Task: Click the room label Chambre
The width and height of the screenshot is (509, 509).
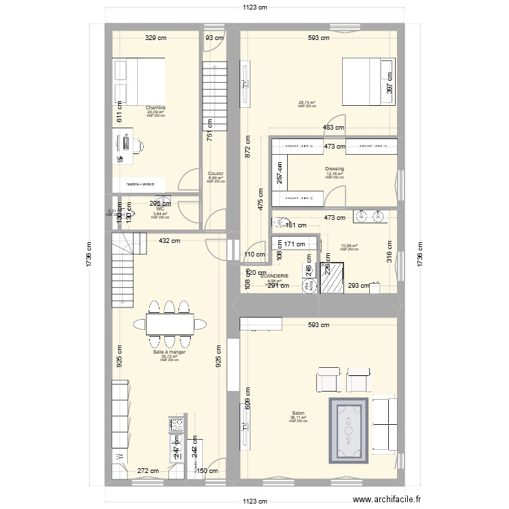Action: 155,107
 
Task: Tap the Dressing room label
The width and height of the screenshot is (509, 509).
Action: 335,169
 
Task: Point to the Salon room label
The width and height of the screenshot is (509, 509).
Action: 298,413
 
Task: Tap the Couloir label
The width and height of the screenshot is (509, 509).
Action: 216,174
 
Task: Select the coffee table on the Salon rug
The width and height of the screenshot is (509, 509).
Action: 350,428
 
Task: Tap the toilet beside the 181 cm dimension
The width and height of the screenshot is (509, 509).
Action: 279,222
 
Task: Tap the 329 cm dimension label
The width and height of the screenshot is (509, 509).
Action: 156,39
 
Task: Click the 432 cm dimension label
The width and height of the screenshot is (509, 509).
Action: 169,240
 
